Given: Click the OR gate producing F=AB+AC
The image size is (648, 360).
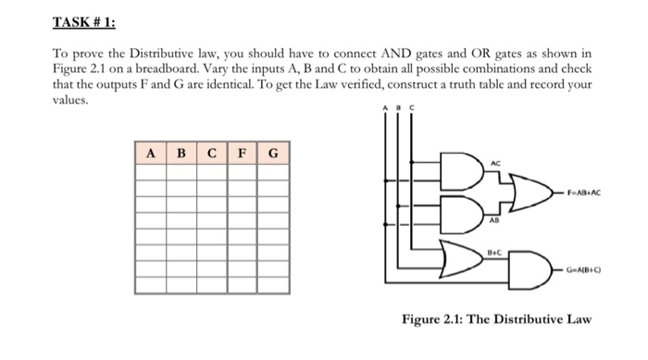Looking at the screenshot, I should click(528, 193).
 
